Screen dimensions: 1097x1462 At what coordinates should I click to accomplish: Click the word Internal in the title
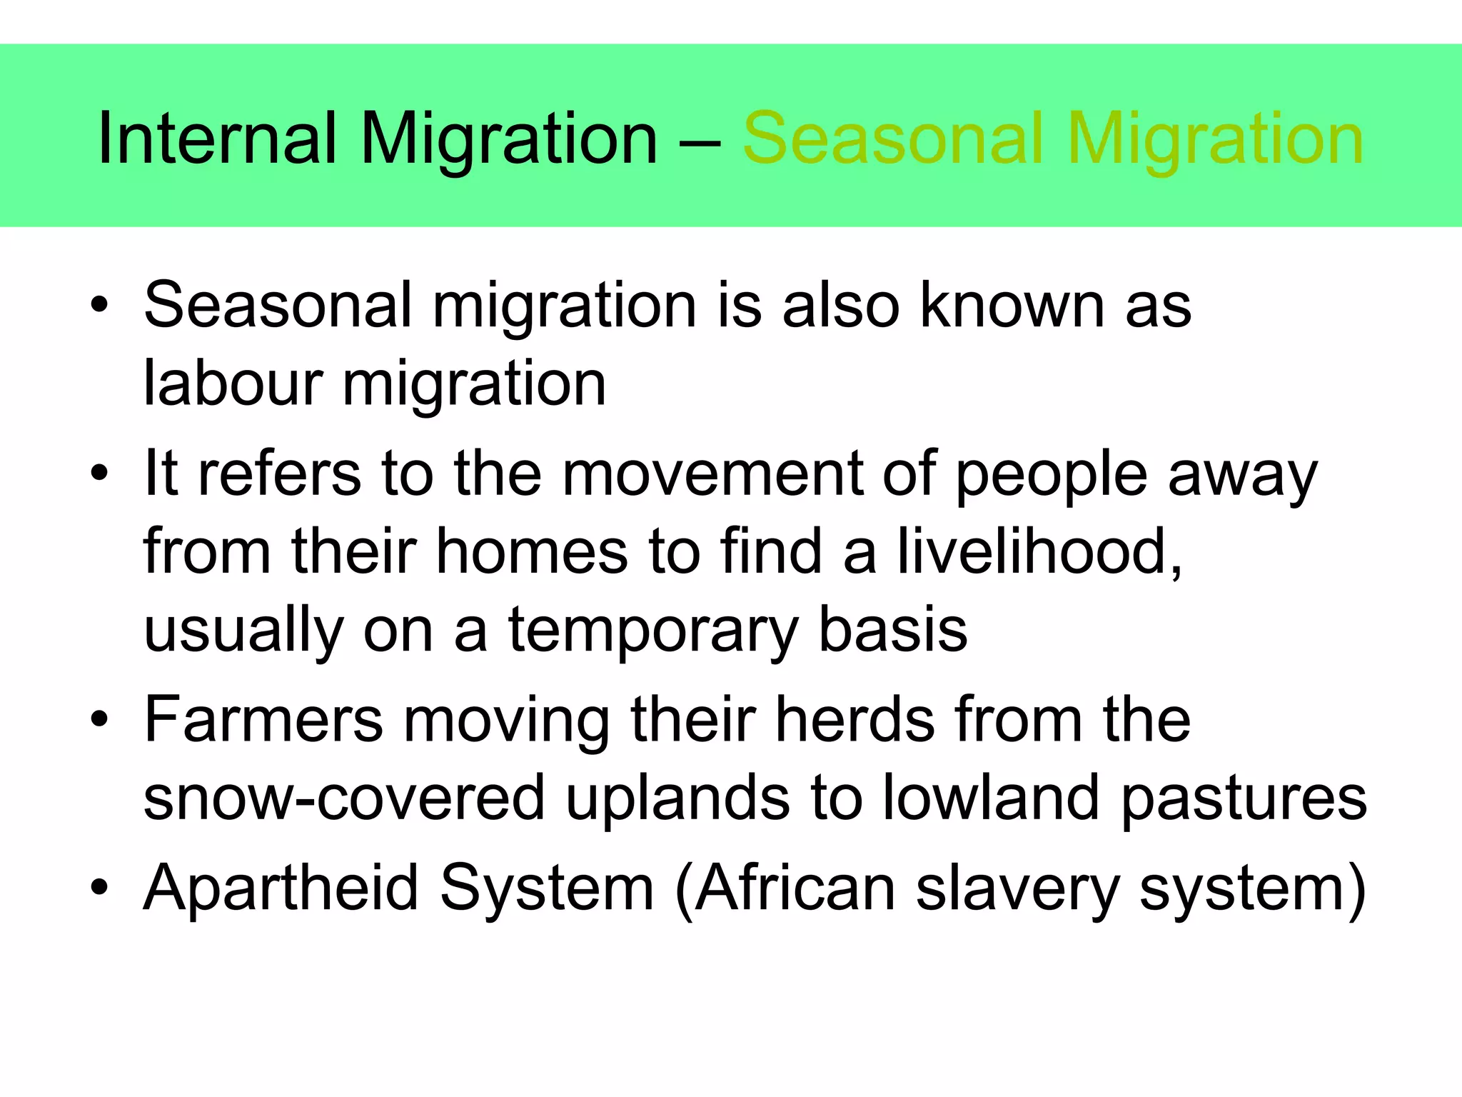tap(216, 139)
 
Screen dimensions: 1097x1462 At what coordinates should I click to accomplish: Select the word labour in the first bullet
tap(233, 384)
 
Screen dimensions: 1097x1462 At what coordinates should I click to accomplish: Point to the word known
tap(1014, 305)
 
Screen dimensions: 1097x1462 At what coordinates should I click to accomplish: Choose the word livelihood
tap(1039, 551)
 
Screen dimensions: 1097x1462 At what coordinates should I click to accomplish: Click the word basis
tap(892, 629)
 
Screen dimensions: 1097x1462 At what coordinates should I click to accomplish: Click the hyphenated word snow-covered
tap(345, 798)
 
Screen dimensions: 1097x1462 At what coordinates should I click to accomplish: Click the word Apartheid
tap(281, 888)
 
